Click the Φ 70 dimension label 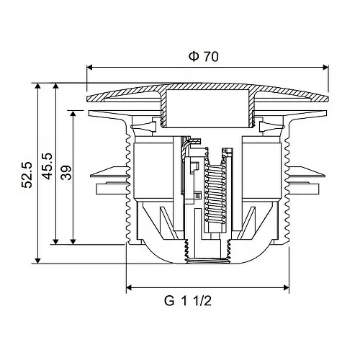204,57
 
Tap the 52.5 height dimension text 27,175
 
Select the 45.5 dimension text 47,166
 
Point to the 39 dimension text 66,172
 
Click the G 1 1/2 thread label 188,301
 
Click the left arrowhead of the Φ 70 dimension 89,68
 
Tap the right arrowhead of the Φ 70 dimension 325,68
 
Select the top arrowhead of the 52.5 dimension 37,86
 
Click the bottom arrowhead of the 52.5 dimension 37,261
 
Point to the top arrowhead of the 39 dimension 73,114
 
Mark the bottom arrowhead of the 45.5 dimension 55,241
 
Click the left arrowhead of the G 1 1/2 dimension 130,287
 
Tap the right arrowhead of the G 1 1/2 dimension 286,287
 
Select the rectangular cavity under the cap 208,108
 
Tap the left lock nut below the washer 112,188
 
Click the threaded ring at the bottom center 208,261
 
